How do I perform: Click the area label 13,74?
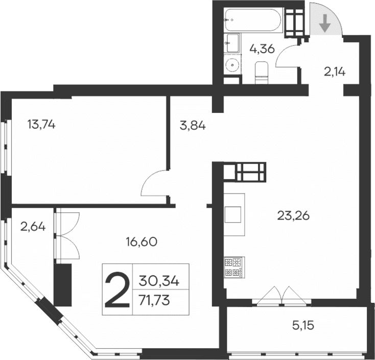(41, 124)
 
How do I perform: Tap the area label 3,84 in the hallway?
(193, 125)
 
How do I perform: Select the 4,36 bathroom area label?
(262, 50)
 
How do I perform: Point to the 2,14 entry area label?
(335, 72)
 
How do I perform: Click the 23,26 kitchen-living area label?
(294, 215)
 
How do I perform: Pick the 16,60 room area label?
(140, 241)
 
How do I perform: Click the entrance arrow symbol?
(324, 23)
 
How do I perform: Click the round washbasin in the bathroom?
(232, 65)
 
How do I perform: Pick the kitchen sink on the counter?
(234, 213)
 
